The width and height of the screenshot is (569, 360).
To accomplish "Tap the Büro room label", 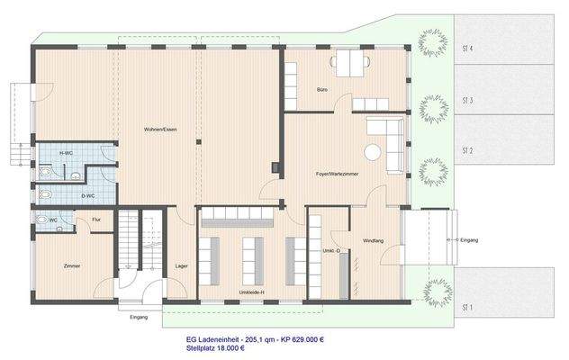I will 321,91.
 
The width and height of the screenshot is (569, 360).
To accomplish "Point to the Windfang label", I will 375,241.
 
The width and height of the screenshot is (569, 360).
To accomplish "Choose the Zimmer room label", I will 73,267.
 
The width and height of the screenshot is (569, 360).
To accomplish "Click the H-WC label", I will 66,154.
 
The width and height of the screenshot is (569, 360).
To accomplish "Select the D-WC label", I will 89,195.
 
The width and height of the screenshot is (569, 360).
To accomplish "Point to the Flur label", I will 96,219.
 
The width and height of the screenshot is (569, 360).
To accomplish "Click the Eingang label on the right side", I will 469,240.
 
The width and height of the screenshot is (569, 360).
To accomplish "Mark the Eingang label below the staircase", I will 139,318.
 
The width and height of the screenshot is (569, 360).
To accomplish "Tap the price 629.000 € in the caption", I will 303,339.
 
